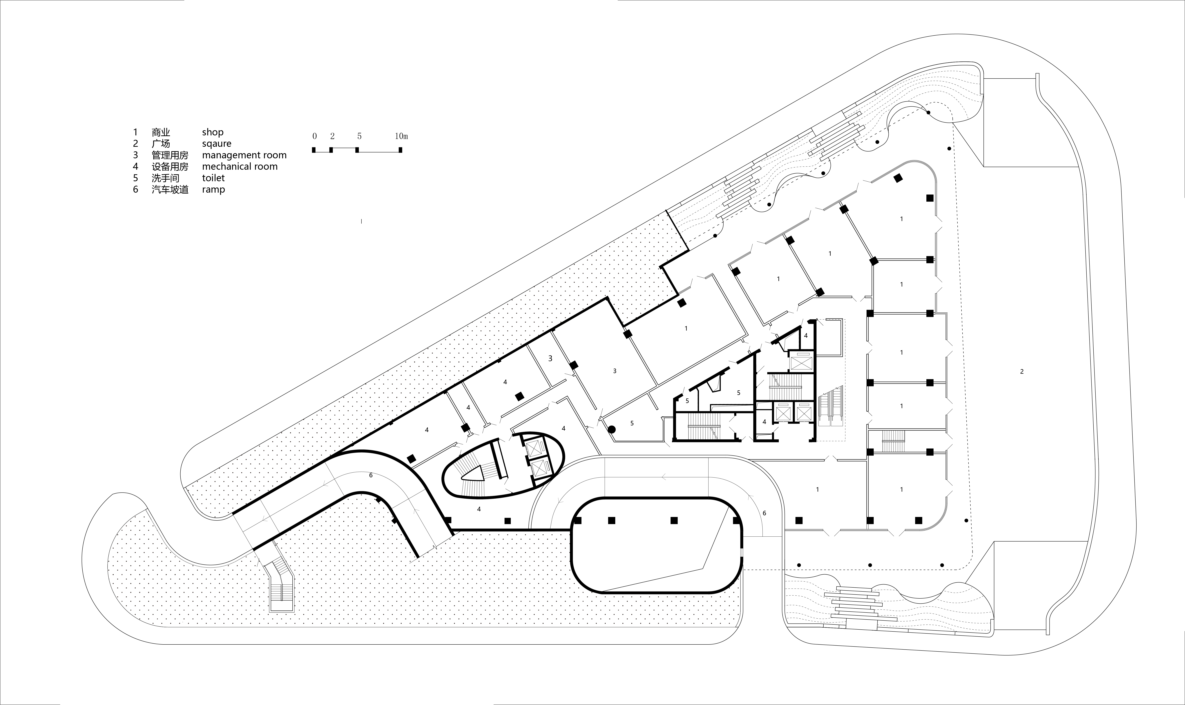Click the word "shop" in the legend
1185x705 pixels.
(x=213, y=132)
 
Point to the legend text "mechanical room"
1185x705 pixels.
(x=240, y=166)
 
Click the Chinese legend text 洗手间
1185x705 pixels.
(x=165, y=178)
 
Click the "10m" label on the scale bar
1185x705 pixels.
(x=401, y=136)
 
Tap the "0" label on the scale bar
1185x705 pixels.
(x=314, y=136)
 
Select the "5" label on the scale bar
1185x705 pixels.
(x=359, y=136)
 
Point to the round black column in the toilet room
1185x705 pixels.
(x=612, y=429)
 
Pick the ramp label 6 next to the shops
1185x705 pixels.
(x=764, y=513)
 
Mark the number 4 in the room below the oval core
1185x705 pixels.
(x=479, y=509)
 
